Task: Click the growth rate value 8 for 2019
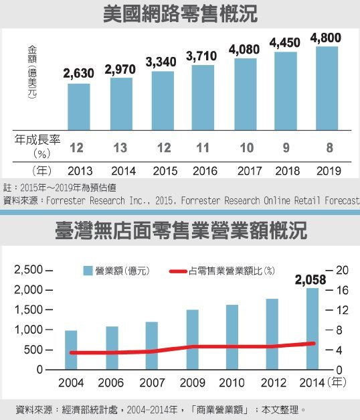click(327, 147)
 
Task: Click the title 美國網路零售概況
click(181, 15)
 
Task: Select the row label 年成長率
click(34, 139)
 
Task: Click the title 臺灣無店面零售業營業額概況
click(181, 232)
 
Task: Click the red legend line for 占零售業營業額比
click(179, 271)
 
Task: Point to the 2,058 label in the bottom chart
click(312, 278)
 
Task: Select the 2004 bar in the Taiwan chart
click(71, 350)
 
